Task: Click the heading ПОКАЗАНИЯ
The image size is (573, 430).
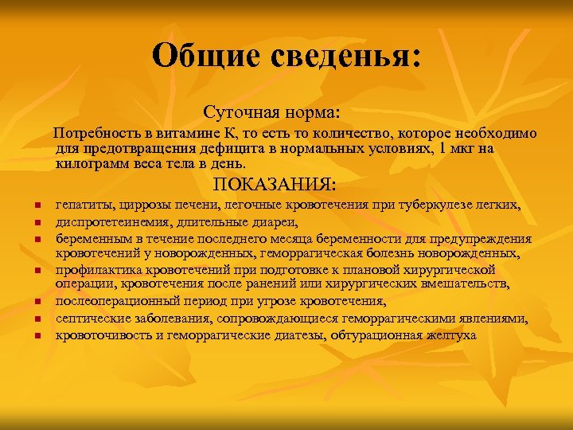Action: (275, 185)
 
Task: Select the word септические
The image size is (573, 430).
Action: (92, 318)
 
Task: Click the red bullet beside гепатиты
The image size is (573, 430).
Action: (37, 207)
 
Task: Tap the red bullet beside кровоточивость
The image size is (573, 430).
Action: (37, 335)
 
